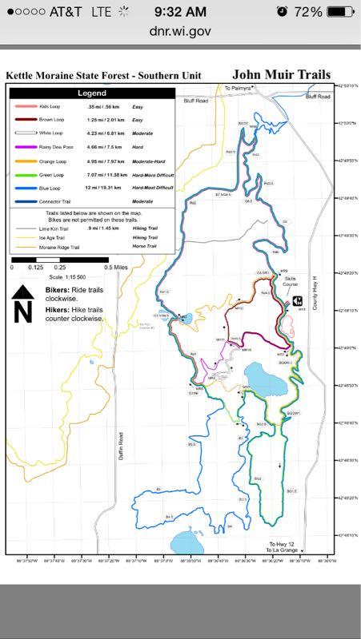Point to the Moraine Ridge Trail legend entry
(x=56, y=248)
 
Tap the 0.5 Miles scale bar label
(x=116, y=268)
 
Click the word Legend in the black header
(x=91, y=93)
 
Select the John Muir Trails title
(x=281, y=74)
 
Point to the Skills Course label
(x=291, y=281)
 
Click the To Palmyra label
(x=238, y=88)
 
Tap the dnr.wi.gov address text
(x=180, y=30)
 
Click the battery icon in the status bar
(x=339, y=12)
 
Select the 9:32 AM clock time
(x=181, y=11)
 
